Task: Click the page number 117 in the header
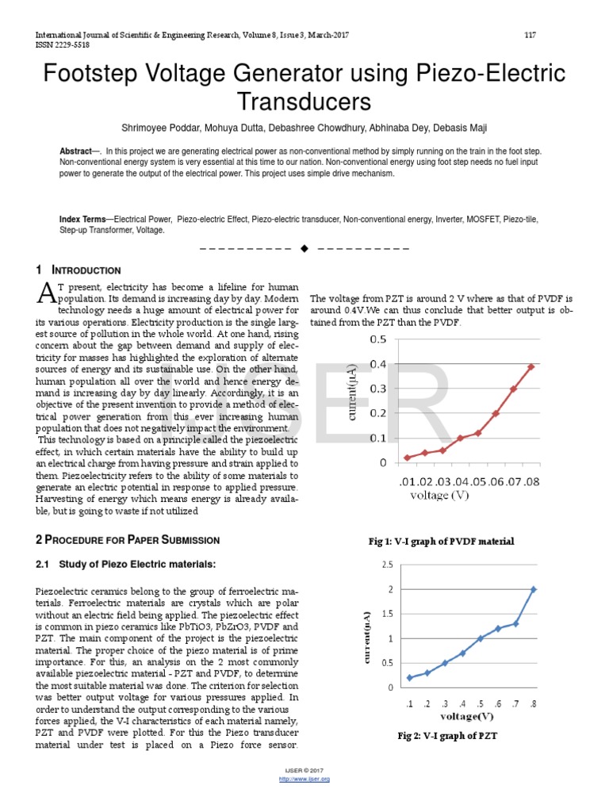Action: coord(530,35)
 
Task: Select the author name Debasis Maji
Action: coord(458,128)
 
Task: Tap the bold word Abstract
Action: coord(76,151)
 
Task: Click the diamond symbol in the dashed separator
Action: coord(304,248)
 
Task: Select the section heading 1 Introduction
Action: coord(79,270)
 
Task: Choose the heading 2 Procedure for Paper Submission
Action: coord(128,540)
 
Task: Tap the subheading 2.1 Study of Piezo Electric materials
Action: coord(126,564)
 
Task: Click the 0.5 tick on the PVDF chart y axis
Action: coord(378,339)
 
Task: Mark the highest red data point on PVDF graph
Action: coord(531,366)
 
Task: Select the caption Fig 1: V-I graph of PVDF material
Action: coord(442,541)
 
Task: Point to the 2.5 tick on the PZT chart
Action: coord(387,565)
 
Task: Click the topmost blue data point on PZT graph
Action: coord(533,589)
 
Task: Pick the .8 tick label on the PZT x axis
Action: coord(533,703)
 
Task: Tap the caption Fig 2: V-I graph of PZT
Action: coord(447,736)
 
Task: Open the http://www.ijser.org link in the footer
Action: coord(304,779)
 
